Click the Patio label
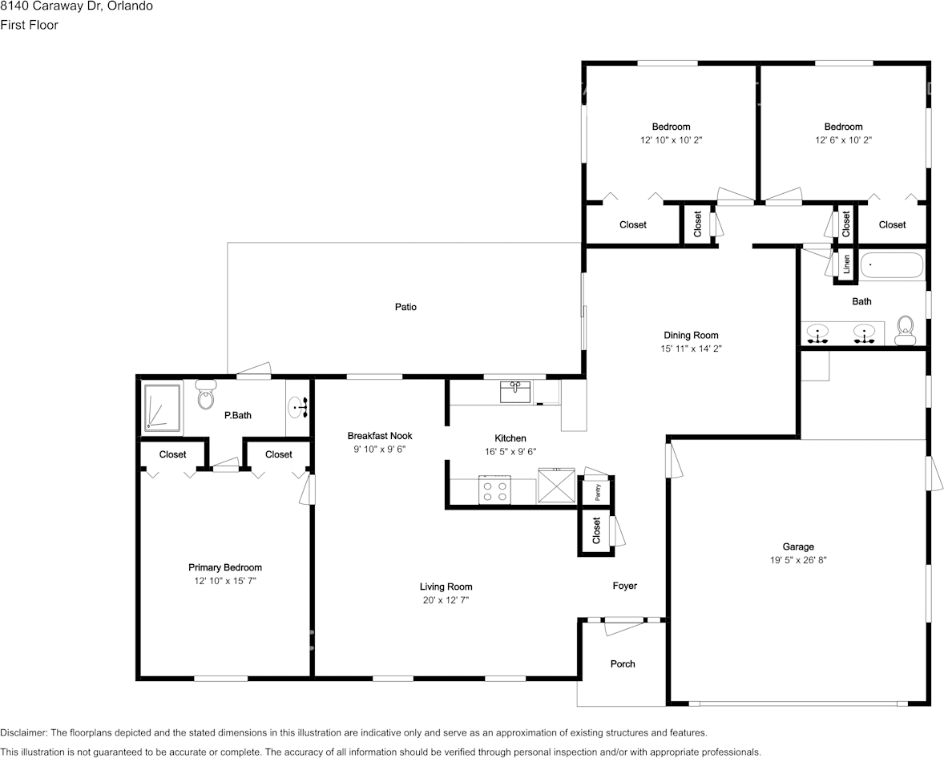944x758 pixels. tap(405, 307)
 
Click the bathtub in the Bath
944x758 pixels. tap(892, 265)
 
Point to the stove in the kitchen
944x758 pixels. tap(494, 490)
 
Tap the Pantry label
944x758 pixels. tap(598, 493)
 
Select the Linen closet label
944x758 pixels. tap(846, 264)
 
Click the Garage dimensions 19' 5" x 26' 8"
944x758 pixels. tap(798, 560)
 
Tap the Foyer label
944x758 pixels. tap(624, 586)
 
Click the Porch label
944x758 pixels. tap(623, 663)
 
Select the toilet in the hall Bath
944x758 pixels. tap(906, 329)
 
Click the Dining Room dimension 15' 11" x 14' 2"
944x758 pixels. tap(690, 349)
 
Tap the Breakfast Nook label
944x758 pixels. tap(380, 436)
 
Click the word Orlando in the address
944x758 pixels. tap(131, 6)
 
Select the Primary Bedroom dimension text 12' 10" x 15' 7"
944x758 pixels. tap(225, 580)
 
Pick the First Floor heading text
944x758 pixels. tap(29, 25)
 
